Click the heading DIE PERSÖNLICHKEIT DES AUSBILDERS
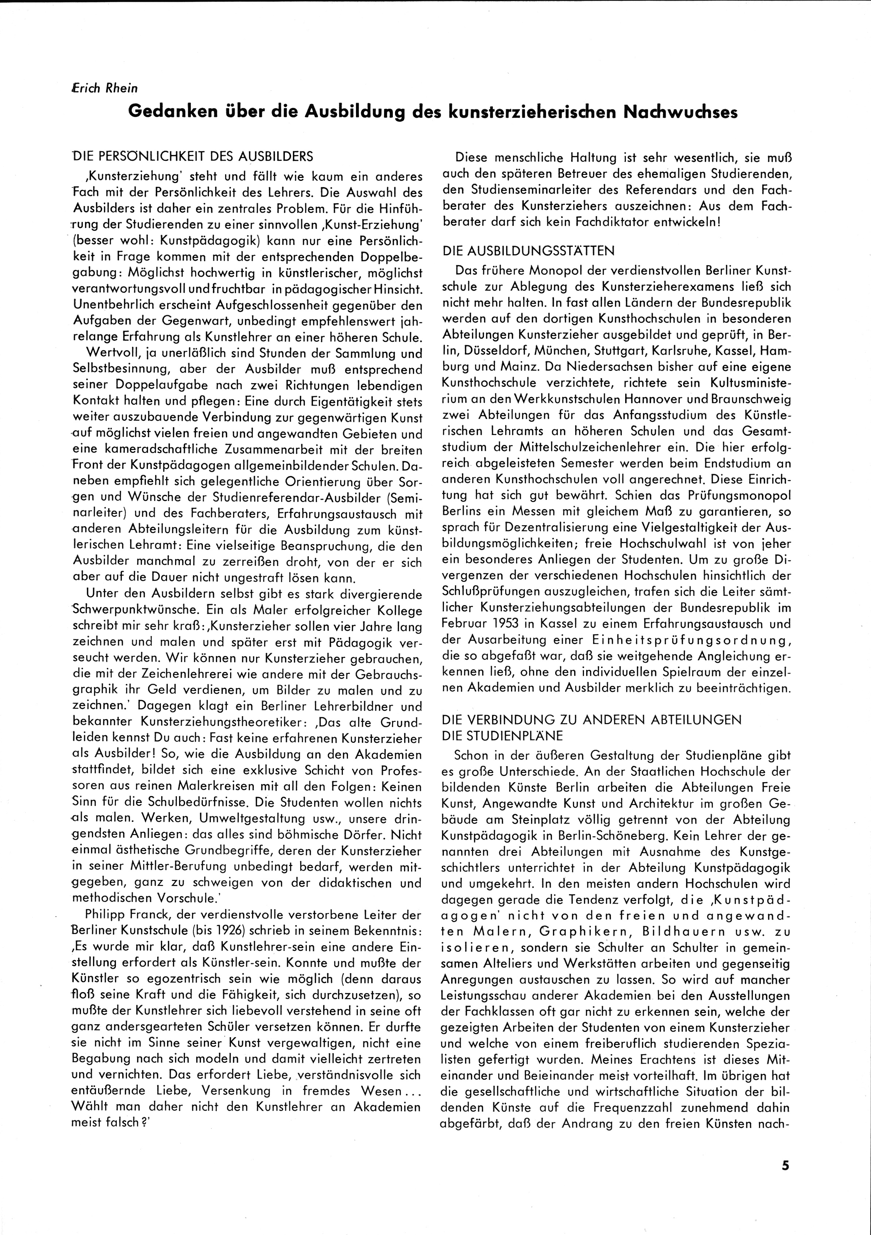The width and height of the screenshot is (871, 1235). point(192,156)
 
